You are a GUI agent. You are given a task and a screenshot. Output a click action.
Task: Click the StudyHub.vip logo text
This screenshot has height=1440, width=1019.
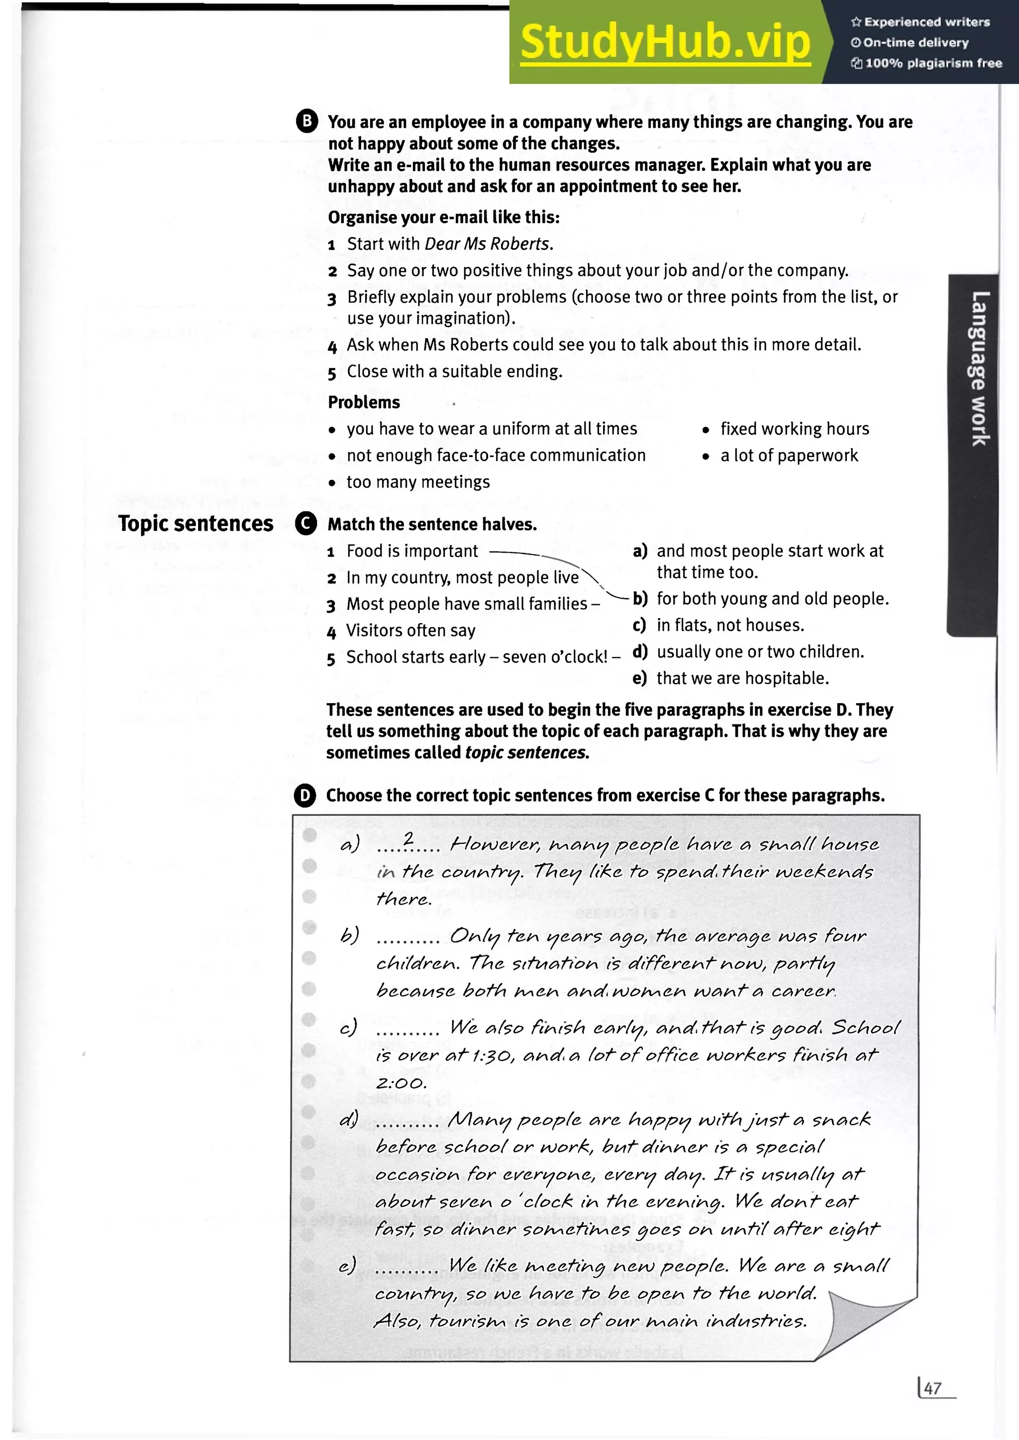pos(665,42)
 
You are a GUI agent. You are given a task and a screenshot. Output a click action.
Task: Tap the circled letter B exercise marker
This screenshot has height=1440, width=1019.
pos(307,121)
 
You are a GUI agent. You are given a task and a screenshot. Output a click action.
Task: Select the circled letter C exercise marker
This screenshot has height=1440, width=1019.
pos(306,524)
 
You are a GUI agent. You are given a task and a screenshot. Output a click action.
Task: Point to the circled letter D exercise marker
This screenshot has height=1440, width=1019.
pos(305,795)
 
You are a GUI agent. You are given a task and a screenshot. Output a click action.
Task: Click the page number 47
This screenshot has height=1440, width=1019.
pos(932,1388)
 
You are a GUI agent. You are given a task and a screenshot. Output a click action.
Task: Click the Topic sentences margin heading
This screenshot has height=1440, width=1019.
pos(196,524)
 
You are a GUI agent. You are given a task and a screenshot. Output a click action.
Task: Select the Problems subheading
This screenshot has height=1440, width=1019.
pos(364,402)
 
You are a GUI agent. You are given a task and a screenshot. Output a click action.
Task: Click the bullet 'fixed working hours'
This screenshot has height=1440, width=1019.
pos(795,429)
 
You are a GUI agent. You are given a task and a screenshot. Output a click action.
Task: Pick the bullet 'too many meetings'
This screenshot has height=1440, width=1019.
pos(418,482)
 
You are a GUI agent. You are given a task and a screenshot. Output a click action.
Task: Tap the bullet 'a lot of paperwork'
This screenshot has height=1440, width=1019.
pos(789,456)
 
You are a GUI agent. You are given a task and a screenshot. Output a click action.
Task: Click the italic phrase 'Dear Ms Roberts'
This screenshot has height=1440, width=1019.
pos(488,244)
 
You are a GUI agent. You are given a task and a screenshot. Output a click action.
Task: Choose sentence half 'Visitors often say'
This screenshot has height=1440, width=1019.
pos(411,630)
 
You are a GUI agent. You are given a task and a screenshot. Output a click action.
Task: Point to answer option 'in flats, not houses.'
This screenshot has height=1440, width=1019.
pos(730,626)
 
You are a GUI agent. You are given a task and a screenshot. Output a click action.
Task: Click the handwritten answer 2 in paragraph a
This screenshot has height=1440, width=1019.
pos(408,838)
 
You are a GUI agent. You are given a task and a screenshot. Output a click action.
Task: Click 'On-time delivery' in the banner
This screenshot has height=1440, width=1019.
pos(916,43)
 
